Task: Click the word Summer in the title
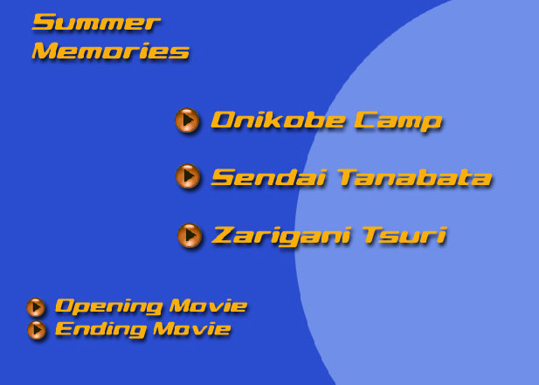[x=96, y=23]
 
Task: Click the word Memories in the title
[x=110, y=51]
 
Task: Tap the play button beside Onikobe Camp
[x=187, y=120]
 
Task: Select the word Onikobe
[x=278, y=120]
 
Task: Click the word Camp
[x=397, y=121]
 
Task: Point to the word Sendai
[x=268, y=177]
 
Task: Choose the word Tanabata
[x=415, y=177]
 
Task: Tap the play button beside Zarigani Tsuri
[x=190, y=235]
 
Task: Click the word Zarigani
[x=281, y=236]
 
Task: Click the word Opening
[x=108, y=306]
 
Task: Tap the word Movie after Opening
[x=208, y=306]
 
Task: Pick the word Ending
[x=100, y=329]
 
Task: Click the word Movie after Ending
[x=192, y=328]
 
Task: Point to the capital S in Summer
[x=44, y=23]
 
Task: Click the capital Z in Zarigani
[x=225, y=235]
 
